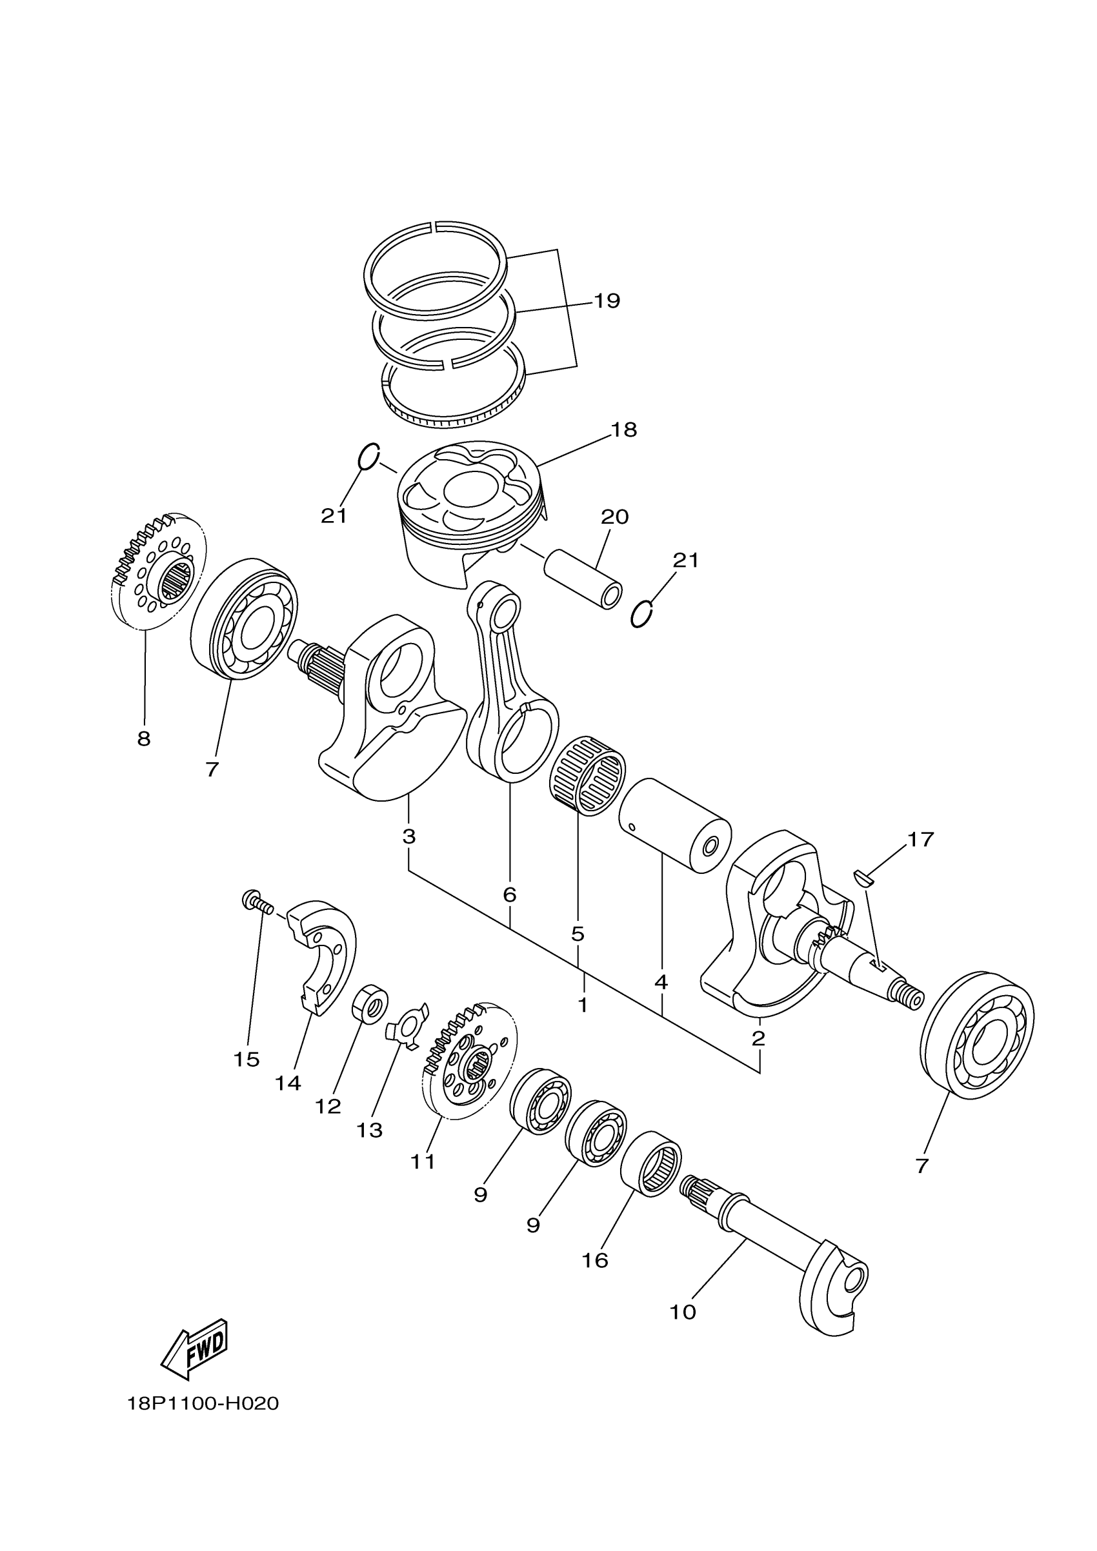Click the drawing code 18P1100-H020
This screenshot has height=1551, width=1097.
point(203,1404)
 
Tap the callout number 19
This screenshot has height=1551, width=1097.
point(607,301)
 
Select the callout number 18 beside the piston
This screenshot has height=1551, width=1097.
point(624,430)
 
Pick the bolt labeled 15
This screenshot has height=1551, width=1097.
point(256,902)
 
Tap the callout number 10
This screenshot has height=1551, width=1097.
point(682,1312)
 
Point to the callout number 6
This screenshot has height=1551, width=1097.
point(510,895)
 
